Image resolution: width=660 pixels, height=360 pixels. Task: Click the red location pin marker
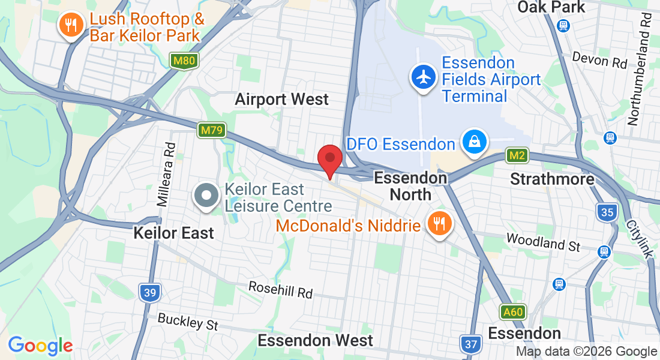(329, 160)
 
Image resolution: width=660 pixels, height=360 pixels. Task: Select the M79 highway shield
(212, 130)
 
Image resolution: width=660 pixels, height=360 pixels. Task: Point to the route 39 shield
(149, 293)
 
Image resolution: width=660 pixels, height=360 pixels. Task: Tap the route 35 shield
(607, 212)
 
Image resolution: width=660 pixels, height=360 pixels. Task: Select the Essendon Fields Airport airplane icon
(424, 77)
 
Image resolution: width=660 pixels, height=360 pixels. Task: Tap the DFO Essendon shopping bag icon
(474, 142)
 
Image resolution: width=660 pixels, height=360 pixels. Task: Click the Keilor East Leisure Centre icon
(206, 196)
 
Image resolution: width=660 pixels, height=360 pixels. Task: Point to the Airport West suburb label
(281, 99)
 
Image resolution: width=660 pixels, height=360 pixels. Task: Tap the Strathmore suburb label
(552, 179)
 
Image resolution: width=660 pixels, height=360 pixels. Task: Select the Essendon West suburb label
(315, 340)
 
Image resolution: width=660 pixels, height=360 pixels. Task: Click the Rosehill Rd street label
(281, 290)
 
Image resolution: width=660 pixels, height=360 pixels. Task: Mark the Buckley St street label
(188, 322)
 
